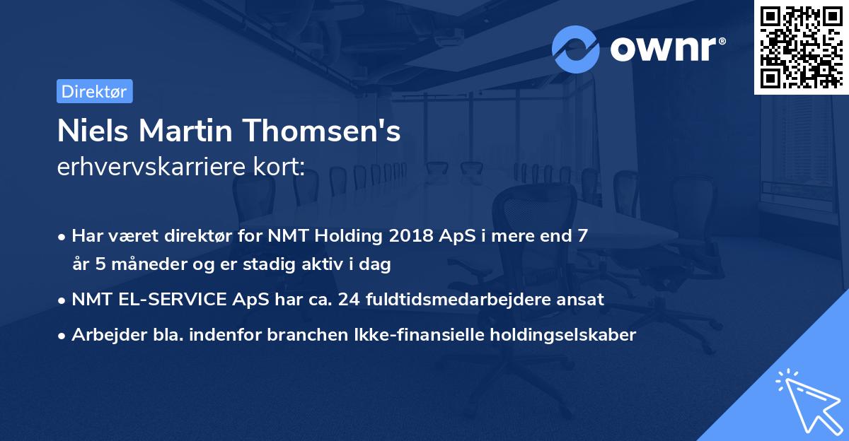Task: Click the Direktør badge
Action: (x=94, y=91)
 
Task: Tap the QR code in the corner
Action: (x=801, y=47)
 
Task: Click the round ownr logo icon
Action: (x=576, y=49)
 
